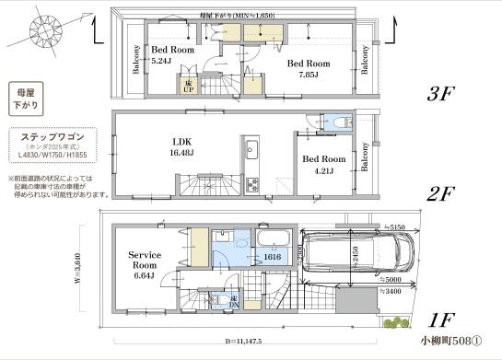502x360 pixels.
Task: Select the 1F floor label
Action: point(443,321)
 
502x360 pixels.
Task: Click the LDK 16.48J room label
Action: point(181,146)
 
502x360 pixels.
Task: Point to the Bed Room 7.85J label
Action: point(306,69)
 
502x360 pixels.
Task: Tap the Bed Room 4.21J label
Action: point(323,164)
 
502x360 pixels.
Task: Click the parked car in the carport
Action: point(356,252)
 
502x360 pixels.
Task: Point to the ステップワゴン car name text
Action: point(53,136)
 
